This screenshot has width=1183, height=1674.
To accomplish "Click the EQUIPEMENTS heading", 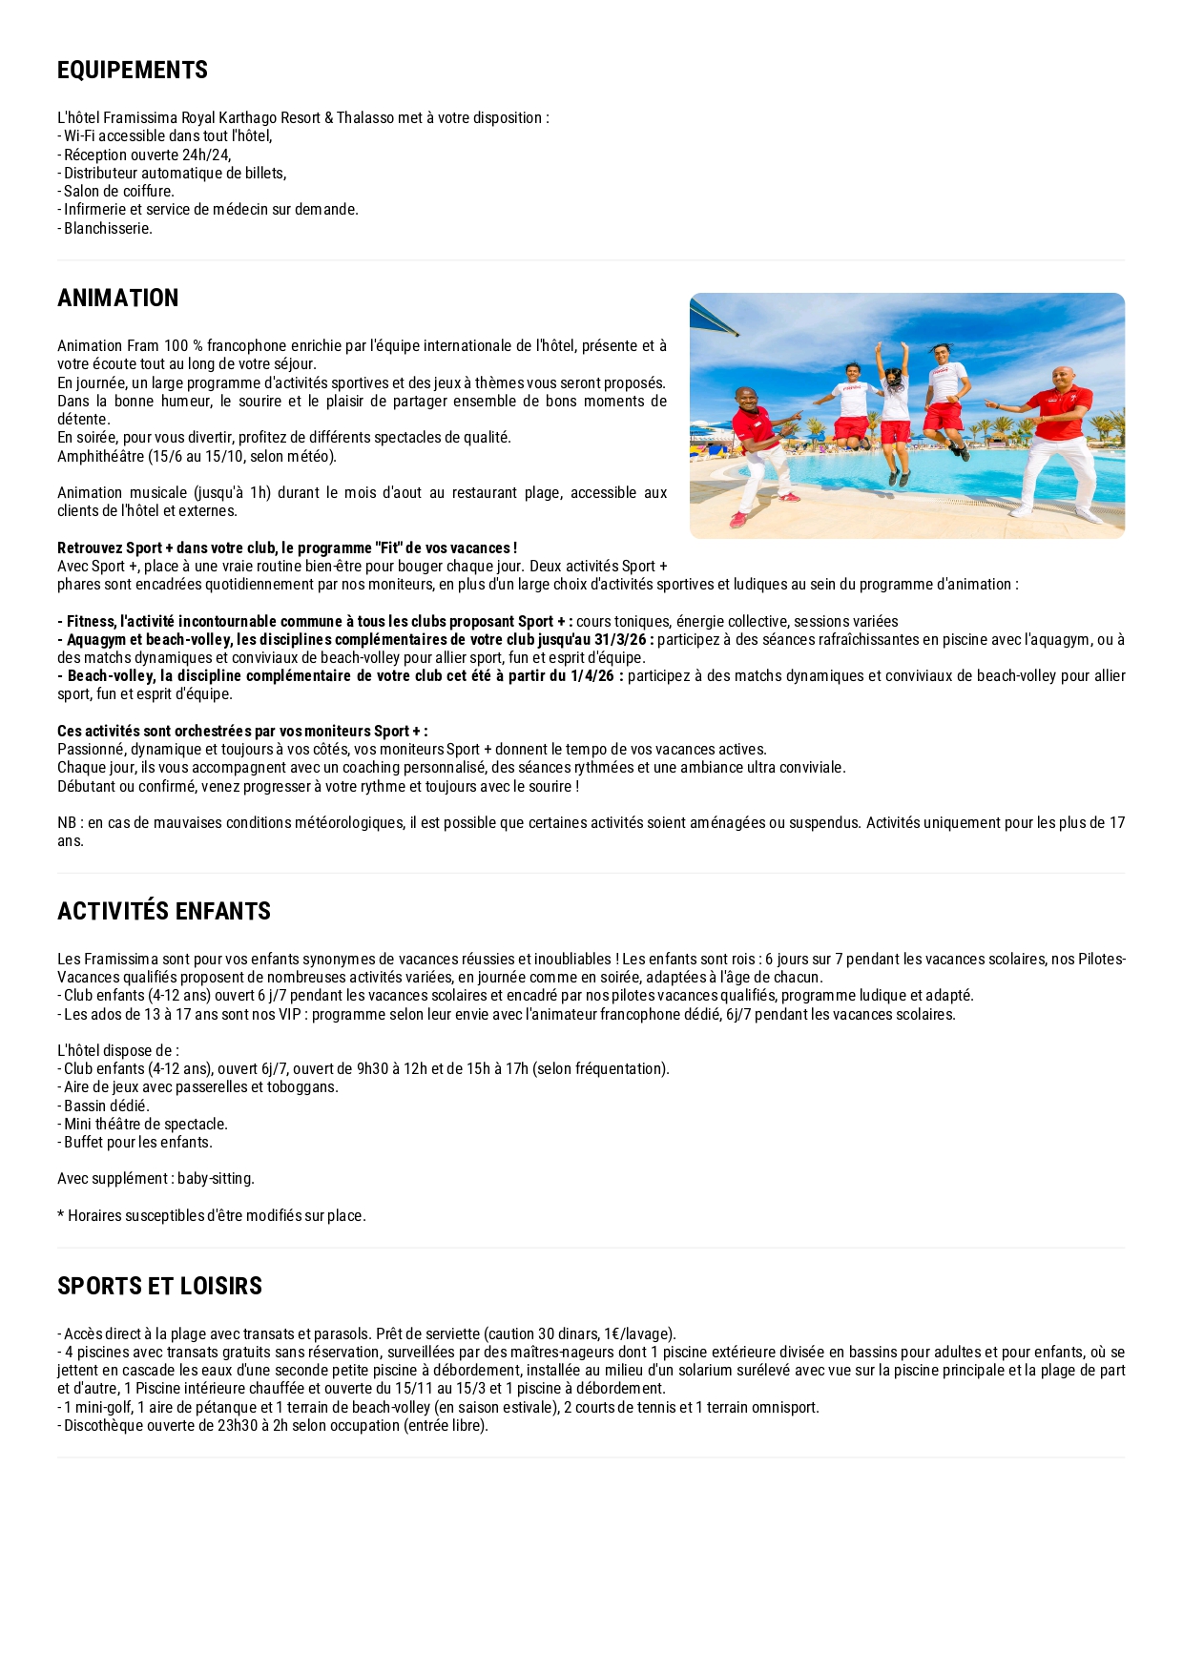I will [133, 71].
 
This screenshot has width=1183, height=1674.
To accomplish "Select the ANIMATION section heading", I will [118, 299].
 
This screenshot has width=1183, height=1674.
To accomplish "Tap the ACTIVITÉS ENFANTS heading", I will [164, 912].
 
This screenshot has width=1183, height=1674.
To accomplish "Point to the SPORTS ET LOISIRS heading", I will [159, 1287].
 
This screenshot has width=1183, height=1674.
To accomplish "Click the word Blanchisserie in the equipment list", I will [108, 229].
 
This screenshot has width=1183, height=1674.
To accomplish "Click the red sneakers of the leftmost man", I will [739, 520].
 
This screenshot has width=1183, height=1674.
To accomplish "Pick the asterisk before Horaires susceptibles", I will [61, 1214].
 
